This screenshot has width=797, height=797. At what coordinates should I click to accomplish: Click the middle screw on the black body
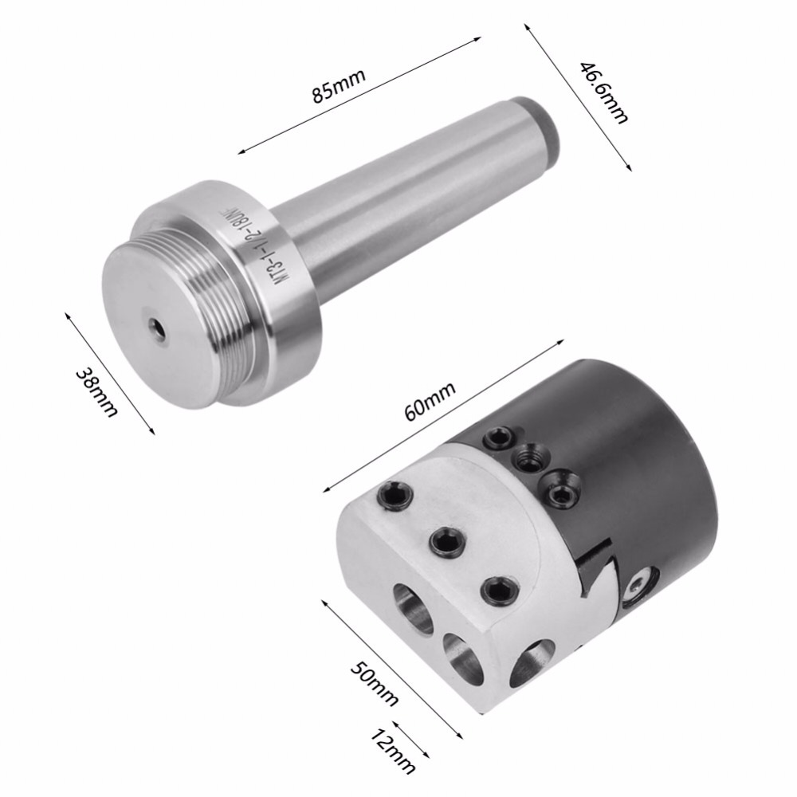coord(527,457)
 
